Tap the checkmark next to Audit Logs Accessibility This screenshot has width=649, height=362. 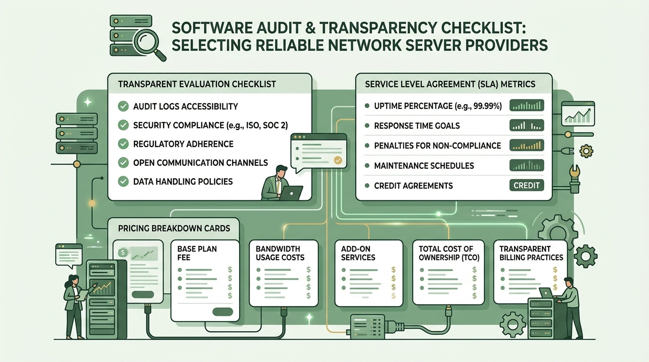[124, 106]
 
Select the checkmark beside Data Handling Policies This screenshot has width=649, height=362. [124, 181]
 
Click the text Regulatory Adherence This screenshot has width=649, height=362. [183, 144]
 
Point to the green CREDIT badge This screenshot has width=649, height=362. [526, 185]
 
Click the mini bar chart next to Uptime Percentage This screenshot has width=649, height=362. [526, 106]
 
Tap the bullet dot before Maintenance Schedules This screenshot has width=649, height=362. [367, 165]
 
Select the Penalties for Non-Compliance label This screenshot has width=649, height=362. [438, 145]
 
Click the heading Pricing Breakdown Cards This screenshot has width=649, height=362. [174, 229]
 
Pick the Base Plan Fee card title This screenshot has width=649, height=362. [197, 253]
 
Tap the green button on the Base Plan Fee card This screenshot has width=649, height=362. [223, 312]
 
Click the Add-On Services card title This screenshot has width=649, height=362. [358, 253]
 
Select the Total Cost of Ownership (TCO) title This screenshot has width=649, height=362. [449, 253]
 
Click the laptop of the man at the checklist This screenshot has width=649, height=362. [291, 193]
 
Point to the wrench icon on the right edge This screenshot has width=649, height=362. [574, 179]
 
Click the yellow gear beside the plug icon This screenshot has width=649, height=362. [586, 151]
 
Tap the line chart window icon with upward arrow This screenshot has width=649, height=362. [578, 114]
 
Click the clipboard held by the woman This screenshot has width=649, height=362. [83, 296]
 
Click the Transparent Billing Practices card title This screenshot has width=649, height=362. [531, 253]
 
